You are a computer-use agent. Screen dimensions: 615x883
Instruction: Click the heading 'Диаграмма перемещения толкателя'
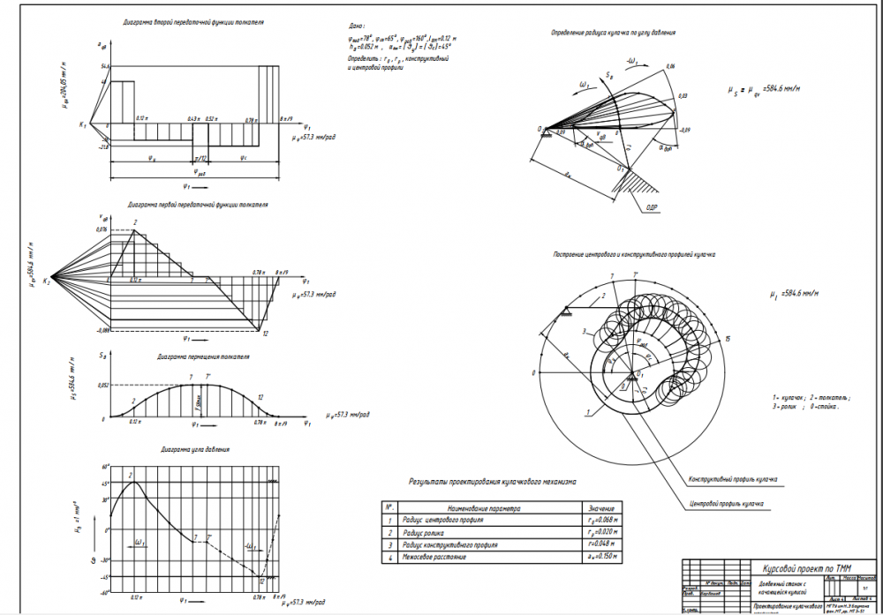203,358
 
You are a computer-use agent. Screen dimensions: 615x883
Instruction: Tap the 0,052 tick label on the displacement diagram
102,386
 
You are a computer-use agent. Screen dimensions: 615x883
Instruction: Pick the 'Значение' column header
600,508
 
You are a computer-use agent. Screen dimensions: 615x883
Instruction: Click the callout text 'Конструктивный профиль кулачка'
733,480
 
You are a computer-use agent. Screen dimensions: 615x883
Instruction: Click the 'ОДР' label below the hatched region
652,206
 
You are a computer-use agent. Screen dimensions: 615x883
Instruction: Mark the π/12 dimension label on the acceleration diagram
200,157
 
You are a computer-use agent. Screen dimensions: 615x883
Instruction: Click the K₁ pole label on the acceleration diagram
82,124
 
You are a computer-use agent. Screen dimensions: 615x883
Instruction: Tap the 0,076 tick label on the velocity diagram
101,229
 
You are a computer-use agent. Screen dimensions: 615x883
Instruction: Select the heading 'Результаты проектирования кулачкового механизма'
492,483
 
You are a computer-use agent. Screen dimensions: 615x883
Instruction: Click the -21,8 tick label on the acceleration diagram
102,146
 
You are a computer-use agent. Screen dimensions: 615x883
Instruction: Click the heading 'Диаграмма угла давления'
195,449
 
